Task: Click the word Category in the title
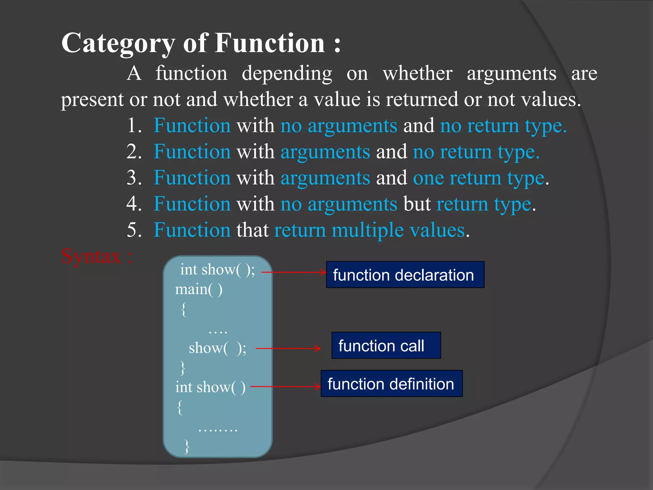118,44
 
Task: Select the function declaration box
405,275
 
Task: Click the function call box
386,345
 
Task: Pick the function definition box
392,383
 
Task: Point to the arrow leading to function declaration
293,272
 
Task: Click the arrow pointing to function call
288,348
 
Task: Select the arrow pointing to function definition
285,387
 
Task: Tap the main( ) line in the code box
199,290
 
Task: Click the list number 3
134,178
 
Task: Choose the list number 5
134,230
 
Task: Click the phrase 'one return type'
478,178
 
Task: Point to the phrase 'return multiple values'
370,230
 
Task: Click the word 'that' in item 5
252,230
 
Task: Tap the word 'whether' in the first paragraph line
417,73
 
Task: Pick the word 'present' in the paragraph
92,100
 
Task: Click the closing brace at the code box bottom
187,446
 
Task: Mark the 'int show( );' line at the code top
217,270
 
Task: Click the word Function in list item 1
192,126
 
